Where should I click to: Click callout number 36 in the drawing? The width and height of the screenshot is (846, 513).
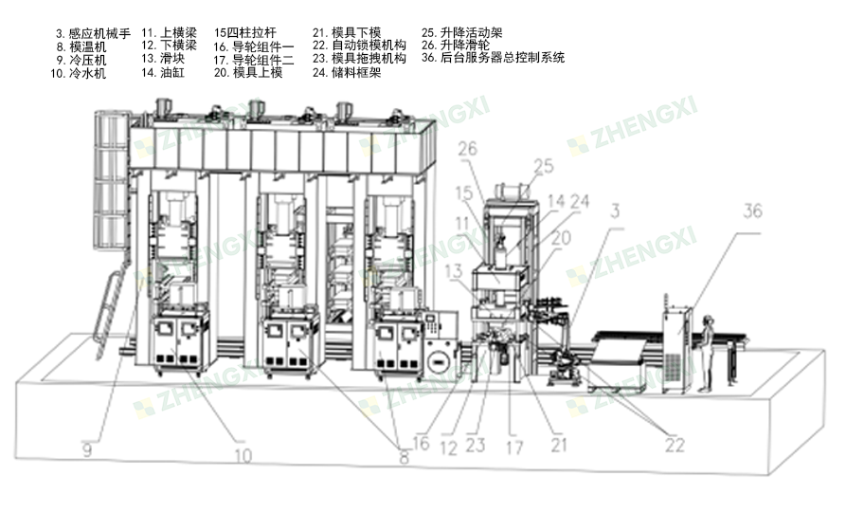751,211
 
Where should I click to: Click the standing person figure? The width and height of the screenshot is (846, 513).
705,355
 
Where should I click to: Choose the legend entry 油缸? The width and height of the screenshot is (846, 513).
166,72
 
